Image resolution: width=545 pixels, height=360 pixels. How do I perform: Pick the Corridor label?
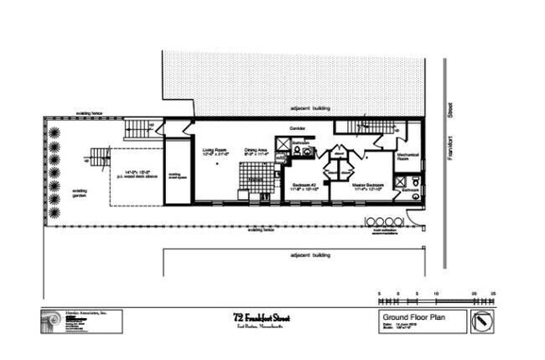297,128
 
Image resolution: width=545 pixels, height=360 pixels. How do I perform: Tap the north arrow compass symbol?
482,320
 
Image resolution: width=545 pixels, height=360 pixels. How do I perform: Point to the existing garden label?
79,194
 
